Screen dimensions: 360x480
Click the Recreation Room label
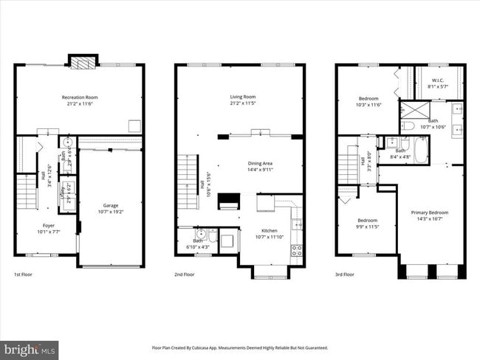click(x=79, y=97)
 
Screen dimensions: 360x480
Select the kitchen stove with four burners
click(x=297, y=249)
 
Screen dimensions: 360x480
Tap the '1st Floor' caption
click(x=22, y=274)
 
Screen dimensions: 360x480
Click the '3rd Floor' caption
click(x=345, y=274)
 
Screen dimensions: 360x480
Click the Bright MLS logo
click(x=30, y=348)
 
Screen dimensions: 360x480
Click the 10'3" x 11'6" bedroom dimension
click(x=368, y=105)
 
